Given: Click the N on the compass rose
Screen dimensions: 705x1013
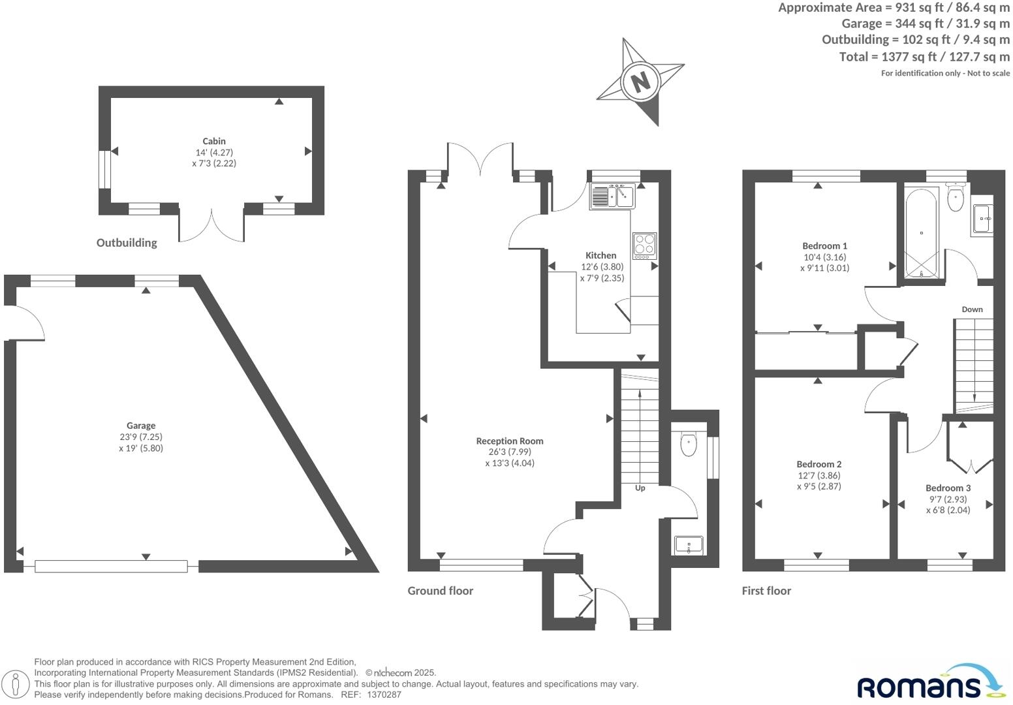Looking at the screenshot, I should (640, 82).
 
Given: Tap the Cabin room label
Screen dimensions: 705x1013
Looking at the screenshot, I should (214, 141).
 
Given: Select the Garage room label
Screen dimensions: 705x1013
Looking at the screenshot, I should (141, 426).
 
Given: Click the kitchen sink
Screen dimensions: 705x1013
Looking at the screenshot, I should (612, 196).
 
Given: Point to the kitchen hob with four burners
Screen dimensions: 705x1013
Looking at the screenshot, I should (644, 245).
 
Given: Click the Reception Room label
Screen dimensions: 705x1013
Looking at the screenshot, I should (510, 441).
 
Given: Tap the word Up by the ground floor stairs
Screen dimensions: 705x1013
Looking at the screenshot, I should (640, 488).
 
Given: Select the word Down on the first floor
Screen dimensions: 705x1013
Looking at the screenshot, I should (972, 309).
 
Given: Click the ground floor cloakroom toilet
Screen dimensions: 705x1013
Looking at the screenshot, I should (689, 444).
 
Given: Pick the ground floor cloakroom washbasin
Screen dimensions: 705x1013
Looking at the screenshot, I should (689, 544).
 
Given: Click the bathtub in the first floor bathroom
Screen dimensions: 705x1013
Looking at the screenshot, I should (921, 233).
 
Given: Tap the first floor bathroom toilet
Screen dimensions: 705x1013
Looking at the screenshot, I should (956, 198).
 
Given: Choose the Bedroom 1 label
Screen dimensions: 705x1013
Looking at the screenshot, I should (824, 246).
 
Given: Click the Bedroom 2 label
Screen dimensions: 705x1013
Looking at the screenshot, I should (818, 465).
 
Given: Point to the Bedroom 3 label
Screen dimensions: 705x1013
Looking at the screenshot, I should (948, 488).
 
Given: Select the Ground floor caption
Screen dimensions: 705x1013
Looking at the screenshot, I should (440, 591).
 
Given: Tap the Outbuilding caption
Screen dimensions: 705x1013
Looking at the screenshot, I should (127, 243).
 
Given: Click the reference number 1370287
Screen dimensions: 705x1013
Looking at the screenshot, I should (384, 695).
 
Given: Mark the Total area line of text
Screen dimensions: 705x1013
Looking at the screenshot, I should (924, 57).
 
